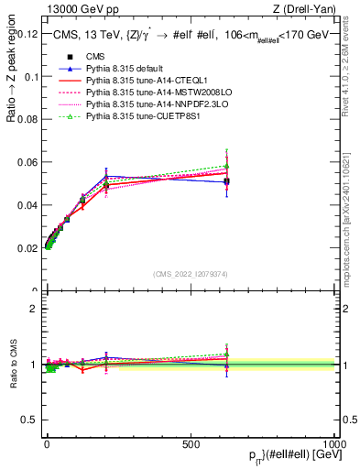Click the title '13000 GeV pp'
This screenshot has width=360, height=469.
tap(76, 9)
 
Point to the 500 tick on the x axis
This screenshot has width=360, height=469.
tap(191, 443)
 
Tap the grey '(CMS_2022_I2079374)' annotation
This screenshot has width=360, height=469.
tap(191, 273)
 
